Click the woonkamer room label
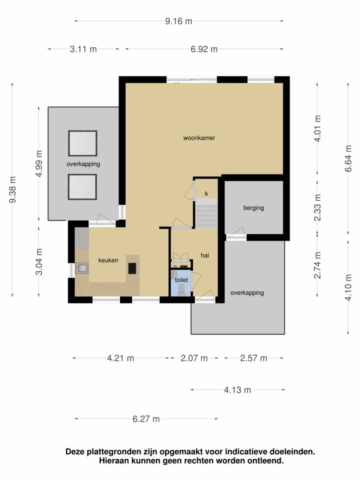point(199,138)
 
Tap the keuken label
point(108,260)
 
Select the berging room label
point(253,208)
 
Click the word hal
point(205,255)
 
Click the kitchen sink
point(81,268)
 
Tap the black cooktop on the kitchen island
point(132,268)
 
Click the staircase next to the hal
point(206,214)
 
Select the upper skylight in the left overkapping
point(82,143)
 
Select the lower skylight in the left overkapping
point(82,187)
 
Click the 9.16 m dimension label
point(179,21)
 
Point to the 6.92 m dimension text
point(204,49)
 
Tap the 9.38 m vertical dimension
point(12,189)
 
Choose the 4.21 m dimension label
point(120,358)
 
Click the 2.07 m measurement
point(194,358)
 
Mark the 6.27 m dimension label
point(146,419)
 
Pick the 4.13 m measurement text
point(237,390)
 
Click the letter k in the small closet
point(206,194)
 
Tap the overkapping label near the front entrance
point(247,293)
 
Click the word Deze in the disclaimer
point(75,452)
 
